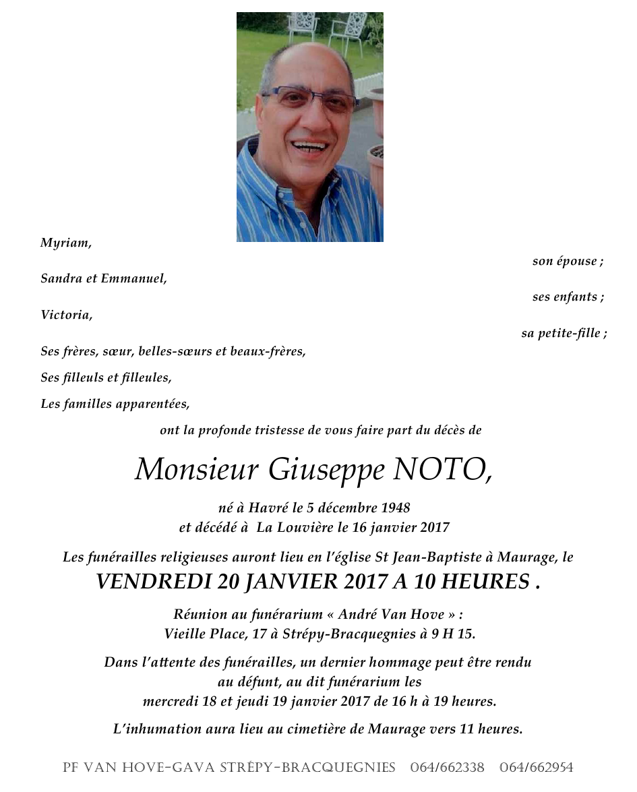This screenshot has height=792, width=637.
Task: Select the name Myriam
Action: coord(65,243)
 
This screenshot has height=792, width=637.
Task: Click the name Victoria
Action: coord(66,315)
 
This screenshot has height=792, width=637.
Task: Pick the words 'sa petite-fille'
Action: coord(564,333)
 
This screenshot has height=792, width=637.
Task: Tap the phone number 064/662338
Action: coord(447,768)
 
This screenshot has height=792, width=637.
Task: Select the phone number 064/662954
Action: coord(537,768)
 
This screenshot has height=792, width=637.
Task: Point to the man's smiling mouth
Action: coord(309,146)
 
